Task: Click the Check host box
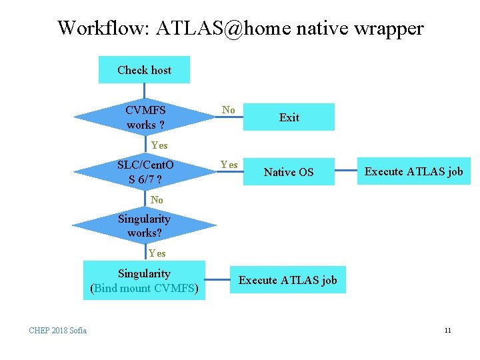click(144, 70)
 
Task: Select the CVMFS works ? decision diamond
click(145, 117)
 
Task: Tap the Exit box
click(289, 117)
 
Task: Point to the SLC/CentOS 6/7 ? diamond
click(145, 172)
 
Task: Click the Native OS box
click(288, 172)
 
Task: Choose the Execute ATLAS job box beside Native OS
click(413, 171)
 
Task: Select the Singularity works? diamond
click(145, 226)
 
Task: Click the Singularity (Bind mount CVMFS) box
click(144, 281)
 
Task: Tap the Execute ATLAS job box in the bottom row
click(288, 280)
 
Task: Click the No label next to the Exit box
click(229, 110)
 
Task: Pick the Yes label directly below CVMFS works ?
click(159, 145)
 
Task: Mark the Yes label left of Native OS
click(229, 165)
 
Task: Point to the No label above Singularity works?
click(157, 199)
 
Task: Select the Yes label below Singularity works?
click(157, 253)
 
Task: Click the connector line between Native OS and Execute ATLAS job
click(343, 172)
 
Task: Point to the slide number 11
click(447, 330)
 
